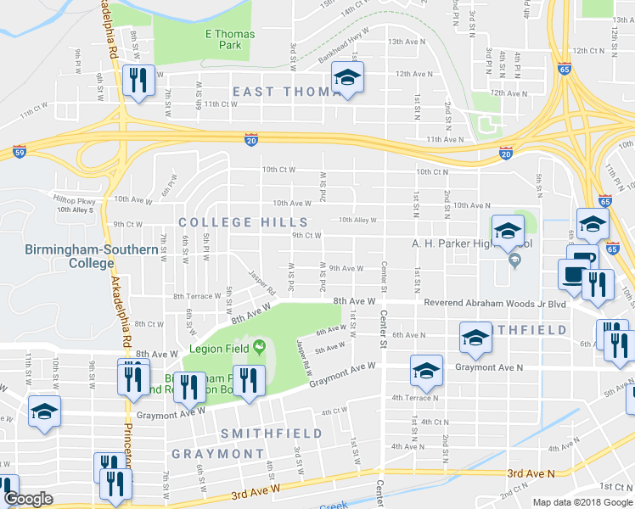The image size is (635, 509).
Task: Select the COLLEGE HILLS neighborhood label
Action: tap(228, 222)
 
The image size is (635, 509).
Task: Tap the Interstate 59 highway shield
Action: tap(19, 153)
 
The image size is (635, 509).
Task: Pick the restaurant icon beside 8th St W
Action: tap(136, 80)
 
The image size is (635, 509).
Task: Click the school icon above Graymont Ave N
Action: tap(426, 370)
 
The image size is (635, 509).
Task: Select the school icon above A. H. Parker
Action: tap(508, 230)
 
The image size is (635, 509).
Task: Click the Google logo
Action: tap(28, 499)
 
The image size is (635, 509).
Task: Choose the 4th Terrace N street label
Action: tap(415, 397)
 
